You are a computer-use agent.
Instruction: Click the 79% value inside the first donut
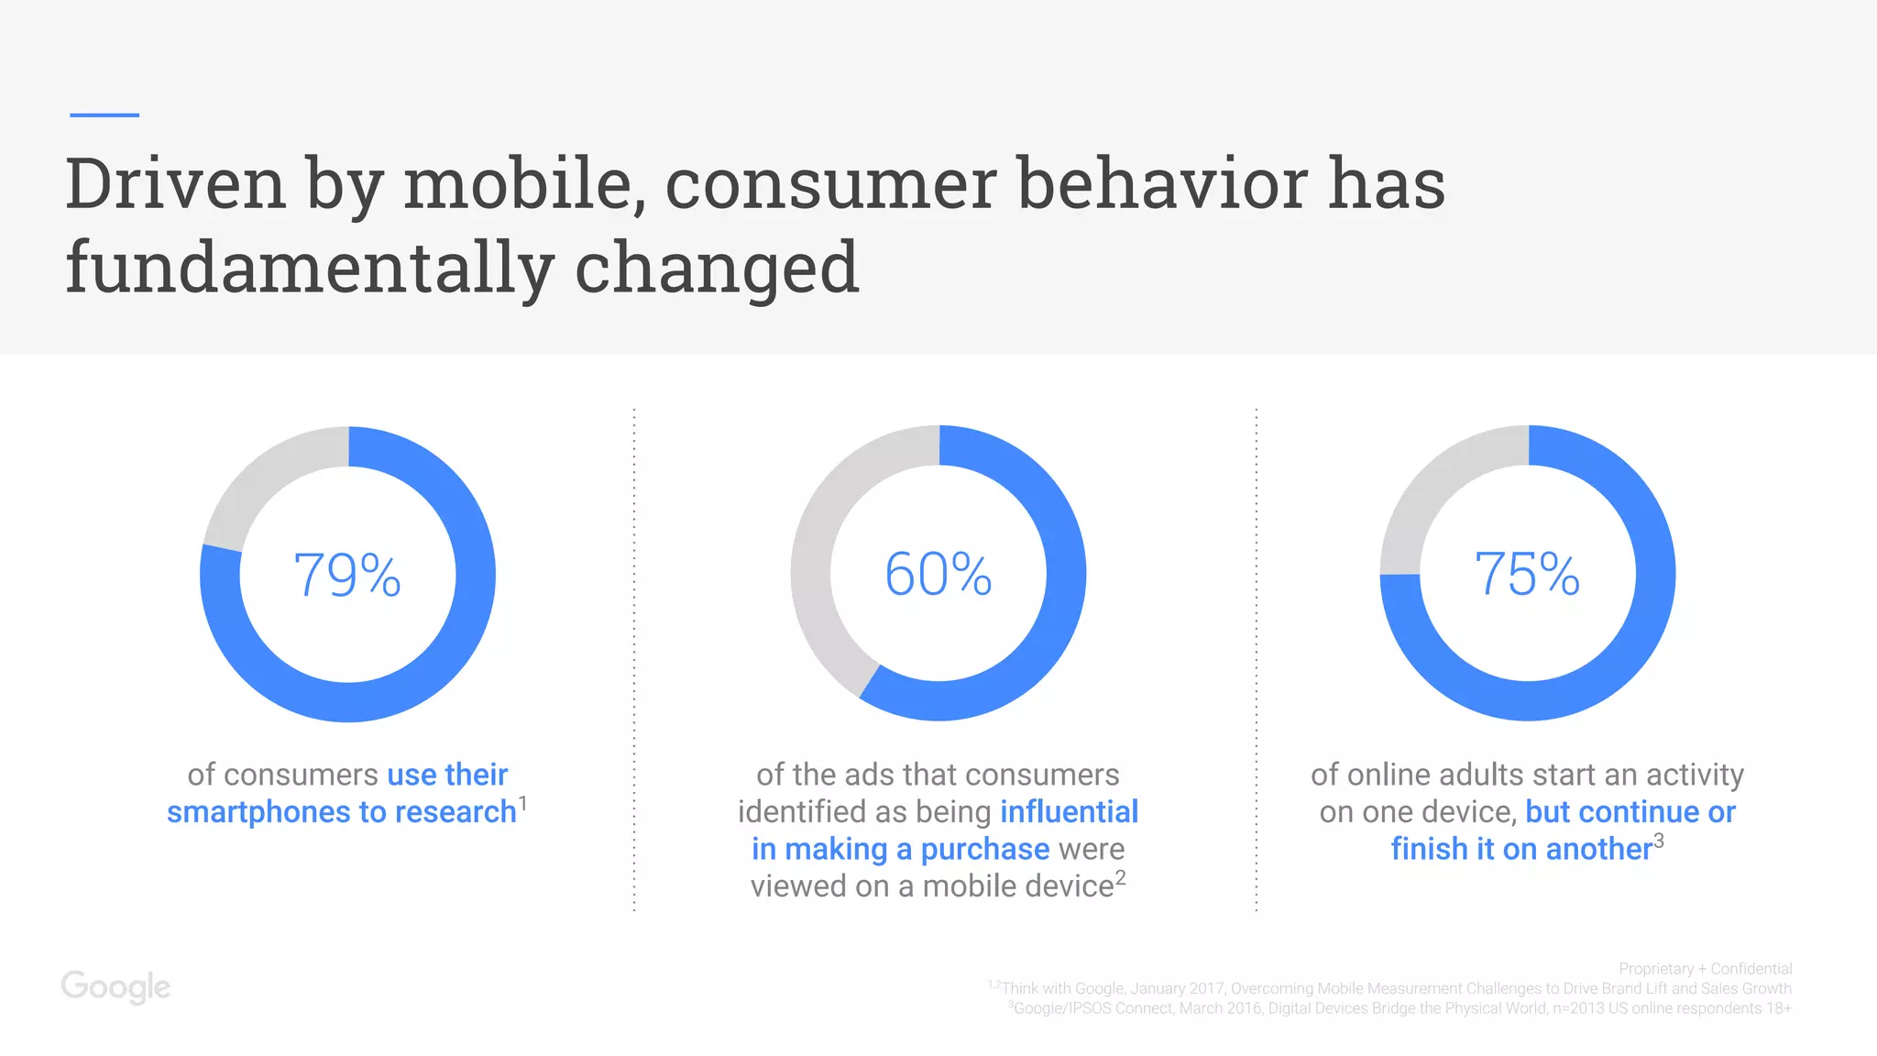(x=347, y=575)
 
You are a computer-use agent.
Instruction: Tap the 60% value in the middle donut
(x=938, y=574)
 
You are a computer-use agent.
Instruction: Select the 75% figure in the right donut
(x=1527, y=574)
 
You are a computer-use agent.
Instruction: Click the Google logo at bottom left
(x=115, y=986)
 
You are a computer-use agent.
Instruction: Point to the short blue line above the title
(x=104, y=115)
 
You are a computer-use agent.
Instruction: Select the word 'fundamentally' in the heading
(x=309, y=267)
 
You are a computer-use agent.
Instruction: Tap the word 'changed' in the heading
(x=717, y=267)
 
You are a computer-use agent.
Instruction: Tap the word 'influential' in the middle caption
(x=1069, y=812)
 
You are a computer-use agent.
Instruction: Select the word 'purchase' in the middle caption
(x=984, y=850)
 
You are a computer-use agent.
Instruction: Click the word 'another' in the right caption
(x=1598, y=850)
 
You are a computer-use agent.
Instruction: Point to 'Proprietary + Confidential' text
(x=1705, y=969)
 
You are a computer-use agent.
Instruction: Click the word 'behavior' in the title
(x=1162, y=183)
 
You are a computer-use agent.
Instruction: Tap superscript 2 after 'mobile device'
(x=1120, y=877)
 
